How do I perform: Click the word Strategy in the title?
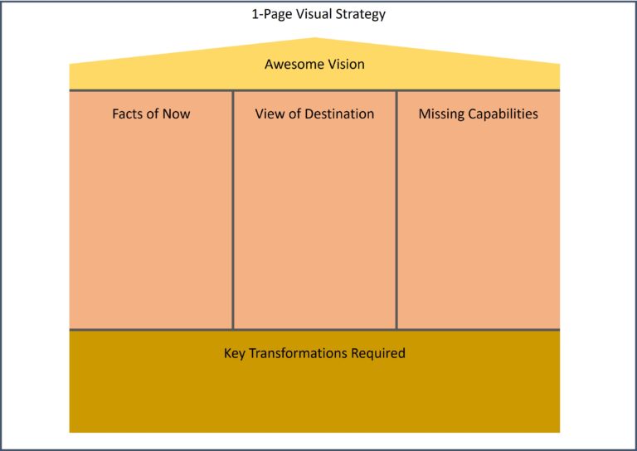tap(359, 15)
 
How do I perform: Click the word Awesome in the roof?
tap(289, 64)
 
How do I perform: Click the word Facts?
tap(128, 114)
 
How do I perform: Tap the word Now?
tap(177, 114)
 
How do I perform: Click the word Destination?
tap(339, 114)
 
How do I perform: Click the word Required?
tap(378, 353)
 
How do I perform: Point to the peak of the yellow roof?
tap(315, 38)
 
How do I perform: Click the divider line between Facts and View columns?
tap(233, 210)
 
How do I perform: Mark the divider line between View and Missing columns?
tap(396, 210)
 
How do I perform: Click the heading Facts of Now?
tap(151, 114)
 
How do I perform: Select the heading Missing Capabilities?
tap(479, 114)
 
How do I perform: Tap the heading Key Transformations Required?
tap(314, 353)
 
